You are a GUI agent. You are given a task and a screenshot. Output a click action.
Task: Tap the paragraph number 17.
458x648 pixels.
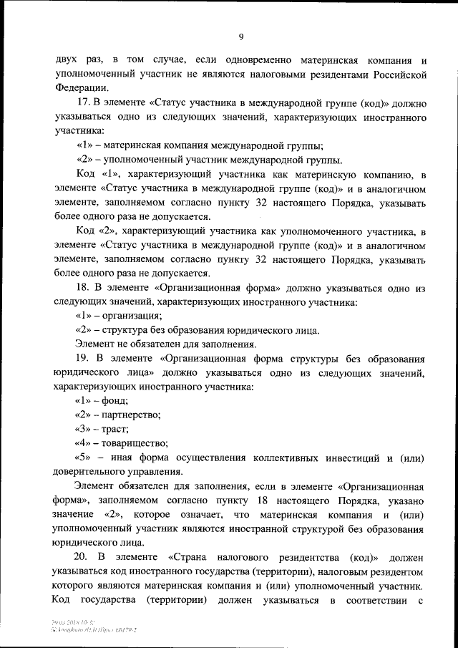tap(81, 103)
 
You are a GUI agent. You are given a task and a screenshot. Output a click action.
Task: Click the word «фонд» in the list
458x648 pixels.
tap(116, 400)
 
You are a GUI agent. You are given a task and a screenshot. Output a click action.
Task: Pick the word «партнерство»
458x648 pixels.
tap(131, 415)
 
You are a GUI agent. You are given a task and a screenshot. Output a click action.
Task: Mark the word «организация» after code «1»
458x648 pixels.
tap(132, 316)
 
